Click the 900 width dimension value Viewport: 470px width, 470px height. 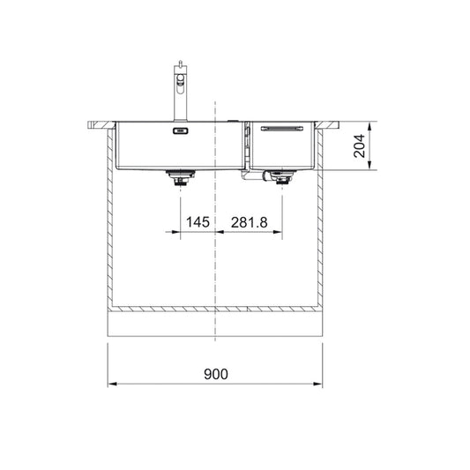215,374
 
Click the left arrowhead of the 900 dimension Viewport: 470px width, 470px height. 111,384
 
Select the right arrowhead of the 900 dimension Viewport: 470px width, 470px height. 319,384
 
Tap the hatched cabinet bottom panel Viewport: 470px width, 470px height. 215,312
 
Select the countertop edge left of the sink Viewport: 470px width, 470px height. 97,123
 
